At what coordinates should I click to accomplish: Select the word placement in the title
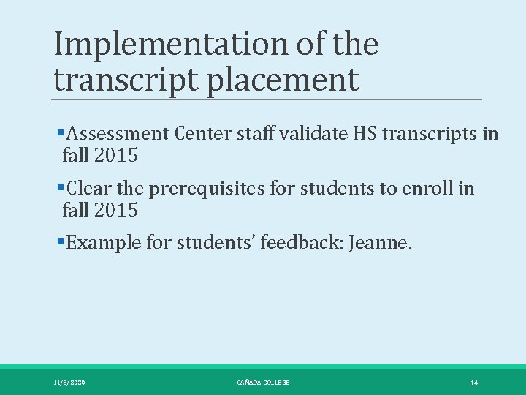(x=283, y=80)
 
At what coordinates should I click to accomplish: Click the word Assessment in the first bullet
(x=117, y=134)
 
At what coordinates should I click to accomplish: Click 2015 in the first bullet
(x=116, y=156)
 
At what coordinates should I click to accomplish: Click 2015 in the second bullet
(x=116, y=211)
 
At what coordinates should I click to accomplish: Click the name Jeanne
(x=381, y=243)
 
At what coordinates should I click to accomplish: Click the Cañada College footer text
(x=263, y=383)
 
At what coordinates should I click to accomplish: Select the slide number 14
(x=474, y=383)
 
